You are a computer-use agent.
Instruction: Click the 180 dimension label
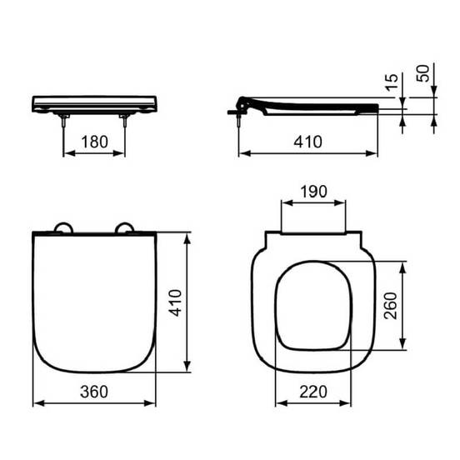click(94, 142)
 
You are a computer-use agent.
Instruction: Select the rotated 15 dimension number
click(392, 82)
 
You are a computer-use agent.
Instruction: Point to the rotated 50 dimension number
click(423, 73)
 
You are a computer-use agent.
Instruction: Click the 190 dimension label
click(313, 192)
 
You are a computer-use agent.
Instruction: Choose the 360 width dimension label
click(94, 392)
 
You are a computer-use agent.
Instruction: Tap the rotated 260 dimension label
click(391, 306)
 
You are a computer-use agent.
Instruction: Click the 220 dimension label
click(313, 392)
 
